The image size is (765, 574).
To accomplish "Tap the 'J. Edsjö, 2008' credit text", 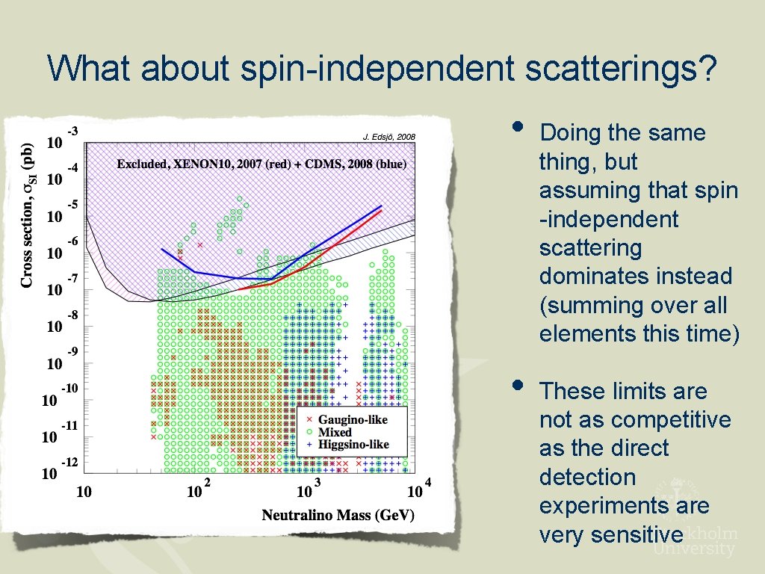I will (x=388, y=137).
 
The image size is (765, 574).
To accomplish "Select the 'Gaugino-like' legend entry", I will (x=353, y=420).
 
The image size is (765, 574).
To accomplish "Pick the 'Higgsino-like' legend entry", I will (x=353, y=445).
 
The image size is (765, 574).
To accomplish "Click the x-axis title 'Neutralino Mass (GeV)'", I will (x=338, y=515).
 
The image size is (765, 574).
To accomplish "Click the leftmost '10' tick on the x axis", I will (x=84, y=492).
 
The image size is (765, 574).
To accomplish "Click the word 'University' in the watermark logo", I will (x=694, y=549).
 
